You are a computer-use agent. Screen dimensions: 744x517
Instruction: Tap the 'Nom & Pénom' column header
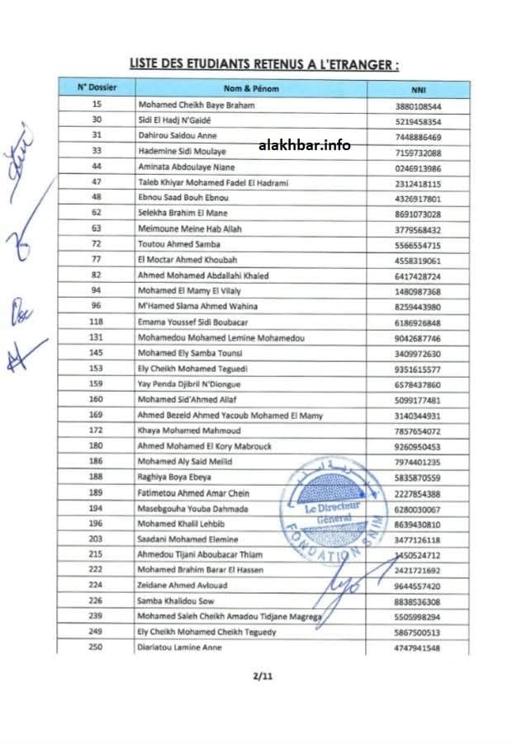(253, 88)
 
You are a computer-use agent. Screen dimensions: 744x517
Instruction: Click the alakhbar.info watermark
(304, 145)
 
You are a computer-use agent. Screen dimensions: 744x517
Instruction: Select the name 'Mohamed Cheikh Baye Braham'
(196, 106)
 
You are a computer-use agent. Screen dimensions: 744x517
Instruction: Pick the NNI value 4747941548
(418, 648)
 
